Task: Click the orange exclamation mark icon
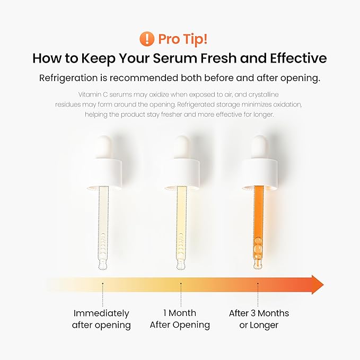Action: [146, 39]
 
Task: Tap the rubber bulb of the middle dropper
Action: [181, 147]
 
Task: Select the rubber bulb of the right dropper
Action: [259, 147]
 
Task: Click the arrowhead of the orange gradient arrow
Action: [317, 285]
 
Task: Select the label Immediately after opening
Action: [101, 319]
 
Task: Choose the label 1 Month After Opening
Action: [180, 319]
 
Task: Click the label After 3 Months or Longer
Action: [259, 319]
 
